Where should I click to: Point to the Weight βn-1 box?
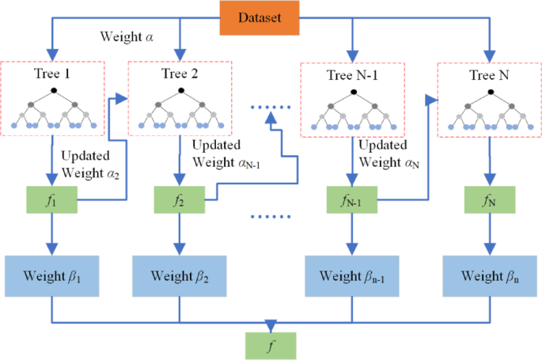[351, 278]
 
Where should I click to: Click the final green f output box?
[271, 345]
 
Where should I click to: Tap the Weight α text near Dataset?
[127, 36]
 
